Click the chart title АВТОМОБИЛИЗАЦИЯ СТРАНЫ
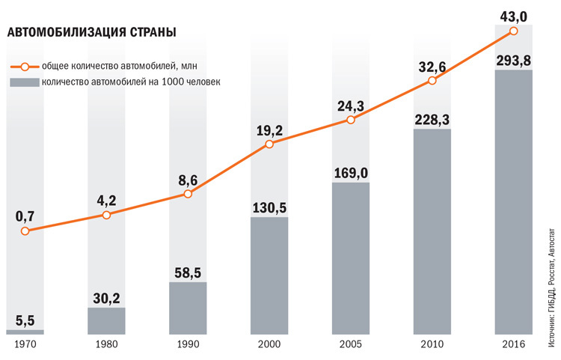[x=92, y=33]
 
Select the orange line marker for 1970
[x=25, y=231]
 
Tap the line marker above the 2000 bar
[x=269, y=144]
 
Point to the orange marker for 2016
[x=514, y=31]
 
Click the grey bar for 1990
[x=188, y=308]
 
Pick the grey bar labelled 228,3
[x=432, y=231]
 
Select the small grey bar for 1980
[x=106, y=320]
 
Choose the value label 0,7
[x=25, y=216]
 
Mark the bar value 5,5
[x=25, y=321]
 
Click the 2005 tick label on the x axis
[x=351, y=344]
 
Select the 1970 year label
[x=25, y=344]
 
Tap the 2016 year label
[x=514, y=344]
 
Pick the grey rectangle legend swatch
[x=24, y=81]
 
